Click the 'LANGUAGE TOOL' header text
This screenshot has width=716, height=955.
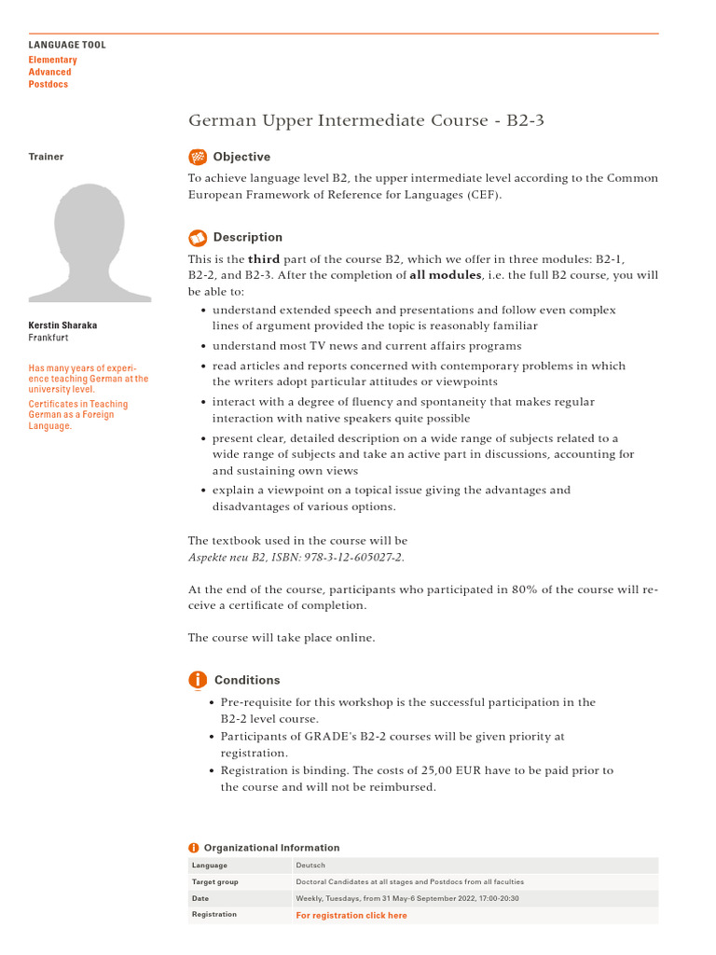coord(67,45)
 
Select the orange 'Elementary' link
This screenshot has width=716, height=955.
coord(52,60)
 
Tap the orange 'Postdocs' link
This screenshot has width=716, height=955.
coord(48,84)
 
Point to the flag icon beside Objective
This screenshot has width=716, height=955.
coord(198,157)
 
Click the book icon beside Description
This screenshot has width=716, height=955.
coord(198,237)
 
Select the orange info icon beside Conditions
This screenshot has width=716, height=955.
coord(198,680)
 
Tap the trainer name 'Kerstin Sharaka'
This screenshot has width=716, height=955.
coord(62,325)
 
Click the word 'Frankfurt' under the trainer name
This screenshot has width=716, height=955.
coord(48,338)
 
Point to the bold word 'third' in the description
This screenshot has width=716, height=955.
coord(264,259)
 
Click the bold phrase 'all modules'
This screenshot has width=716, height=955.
coord(446,275)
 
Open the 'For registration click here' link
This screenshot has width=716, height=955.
coord(351,915)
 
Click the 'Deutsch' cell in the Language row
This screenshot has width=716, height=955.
coord(310,865)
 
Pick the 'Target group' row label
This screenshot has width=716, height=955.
coord(214,881)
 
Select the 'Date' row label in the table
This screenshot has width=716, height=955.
coord(200,898)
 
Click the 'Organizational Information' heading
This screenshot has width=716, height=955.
coord(271,848)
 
